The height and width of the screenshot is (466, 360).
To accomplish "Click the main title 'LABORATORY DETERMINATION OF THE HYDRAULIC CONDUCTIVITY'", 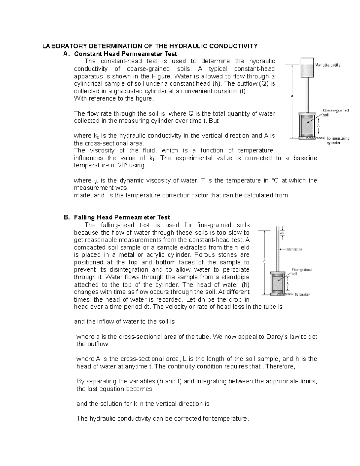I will (x=150, y=46).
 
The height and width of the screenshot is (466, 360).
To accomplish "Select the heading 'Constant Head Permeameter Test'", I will (x=125, y=54).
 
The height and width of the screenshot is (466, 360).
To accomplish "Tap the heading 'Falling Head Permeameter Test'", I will (x=122, y=217).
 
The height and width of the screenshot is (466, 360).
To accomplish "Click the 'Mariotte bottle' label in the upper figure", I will (x=328, y=65).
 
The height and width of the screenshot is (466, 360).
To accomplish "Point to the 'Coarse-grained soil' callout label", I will (x=335, y=113).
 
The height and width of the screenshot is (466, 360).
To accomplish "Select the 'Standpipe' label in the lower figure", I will (x=294, y=249).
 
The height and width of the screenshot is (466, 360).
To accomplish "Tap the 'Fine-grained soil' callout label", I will (x=301, y=272).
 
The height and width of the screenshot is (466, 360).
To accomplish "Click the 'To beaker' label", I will (x=302, y=294).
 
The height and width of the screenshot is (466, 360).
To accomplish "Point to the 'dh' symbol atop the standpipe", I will (x=282, y=233).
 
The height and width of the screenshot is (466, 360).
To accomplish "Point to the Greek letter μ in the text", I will (x=96, y=181).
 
